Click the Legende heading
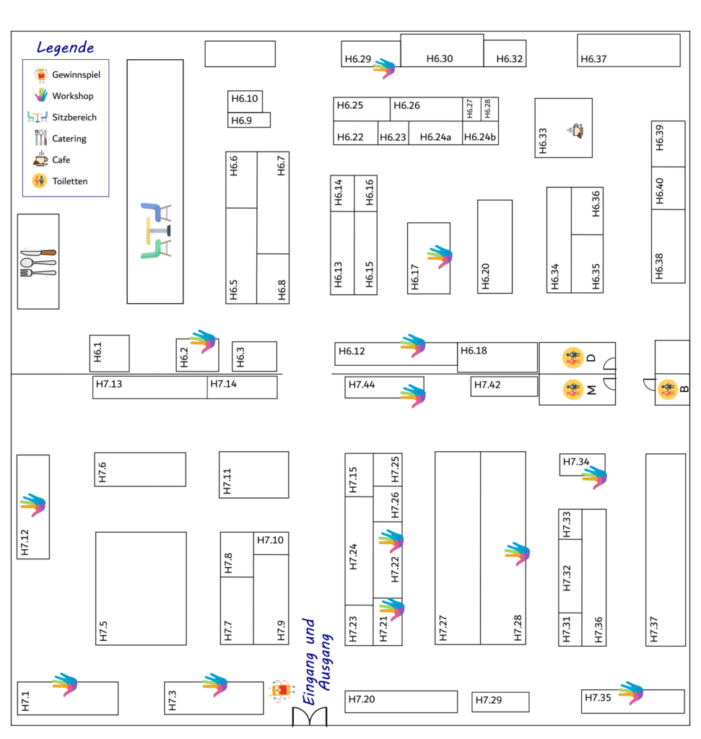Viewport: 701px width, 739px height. coord(65,48)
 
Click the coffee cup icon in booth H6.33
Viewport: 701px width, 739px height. coord(576,130)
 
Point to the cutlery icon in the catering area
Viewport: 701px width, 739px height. coord(38,262)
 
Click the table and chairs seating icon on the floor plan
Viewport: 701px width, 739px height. coord(155,231)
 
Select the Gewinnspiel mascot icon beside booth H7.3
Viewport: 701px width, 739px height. coord(282,691)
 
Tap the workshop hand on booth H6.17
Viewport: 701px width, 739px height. coord(440,256)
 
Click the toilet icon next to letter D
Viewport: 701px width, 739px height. coord(572,358)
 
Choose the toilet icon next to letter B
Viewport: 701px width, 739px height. coord(668,389)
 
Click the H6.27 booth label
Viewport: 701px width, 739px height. coord(469,109)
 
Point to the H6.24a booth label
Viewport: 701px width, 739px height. coord(435,137)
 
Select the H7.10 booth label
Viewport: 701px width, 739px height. coord(270,540)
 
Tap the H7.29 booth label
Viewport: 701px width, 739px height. coord(489,700)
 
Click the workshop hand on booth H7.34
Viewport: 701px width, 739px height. coord(594,477)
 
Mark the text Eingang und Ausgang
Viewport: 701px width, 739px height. coord(317,662)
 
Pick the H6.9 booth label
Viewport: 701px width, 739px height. coord(241,121)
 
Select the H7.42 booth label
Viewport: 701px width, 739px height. coord(487,385)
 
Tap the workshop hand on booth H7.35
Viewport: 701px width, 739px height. coord(631,693)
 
